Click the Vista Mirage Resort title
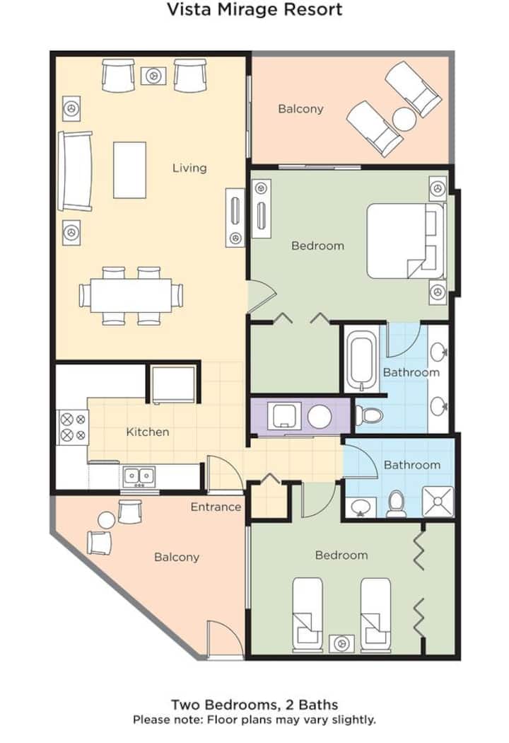point(255,9)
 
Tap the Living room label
point(189,168)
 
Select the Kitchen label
point(148,432)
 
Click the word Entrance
point(216,507)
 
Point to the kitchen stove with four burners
point(73,427)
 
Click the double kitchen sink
point(139,477)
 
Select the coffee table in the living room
point(129,170)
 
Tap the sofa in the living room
point(75,171)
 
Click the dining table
point(131,295)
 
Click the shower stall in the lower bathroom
point(438,502)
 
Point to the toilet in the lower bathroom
point(396,504)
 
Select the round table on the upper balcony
point(404,119)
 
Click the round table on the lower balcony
point(107,520)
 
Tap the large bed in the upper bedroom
point(406,241)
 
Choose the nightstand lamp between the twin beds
point(341,643)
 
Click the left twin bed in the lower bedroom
point(308,614)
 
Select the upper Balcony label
point(300,109)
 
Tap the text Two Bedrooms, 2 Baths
point(255,705)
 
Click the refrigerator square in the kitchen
point(173,384)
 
